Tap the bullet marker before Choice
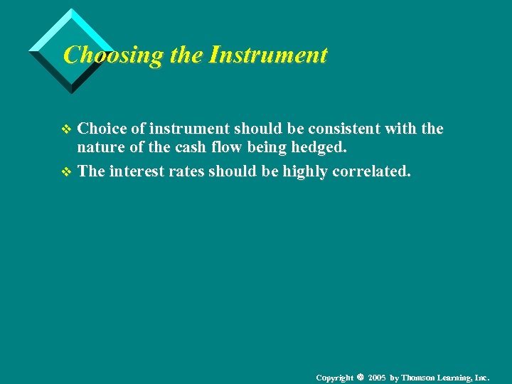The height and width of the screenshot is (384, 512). coord(68,129)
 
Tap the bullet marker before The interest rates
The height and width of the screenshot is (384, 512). coord(68,172)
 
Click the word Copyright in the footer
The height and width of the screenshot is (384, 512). coord(334,377)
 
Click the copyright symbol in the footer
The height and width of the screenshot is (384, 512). coord(361,376)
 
